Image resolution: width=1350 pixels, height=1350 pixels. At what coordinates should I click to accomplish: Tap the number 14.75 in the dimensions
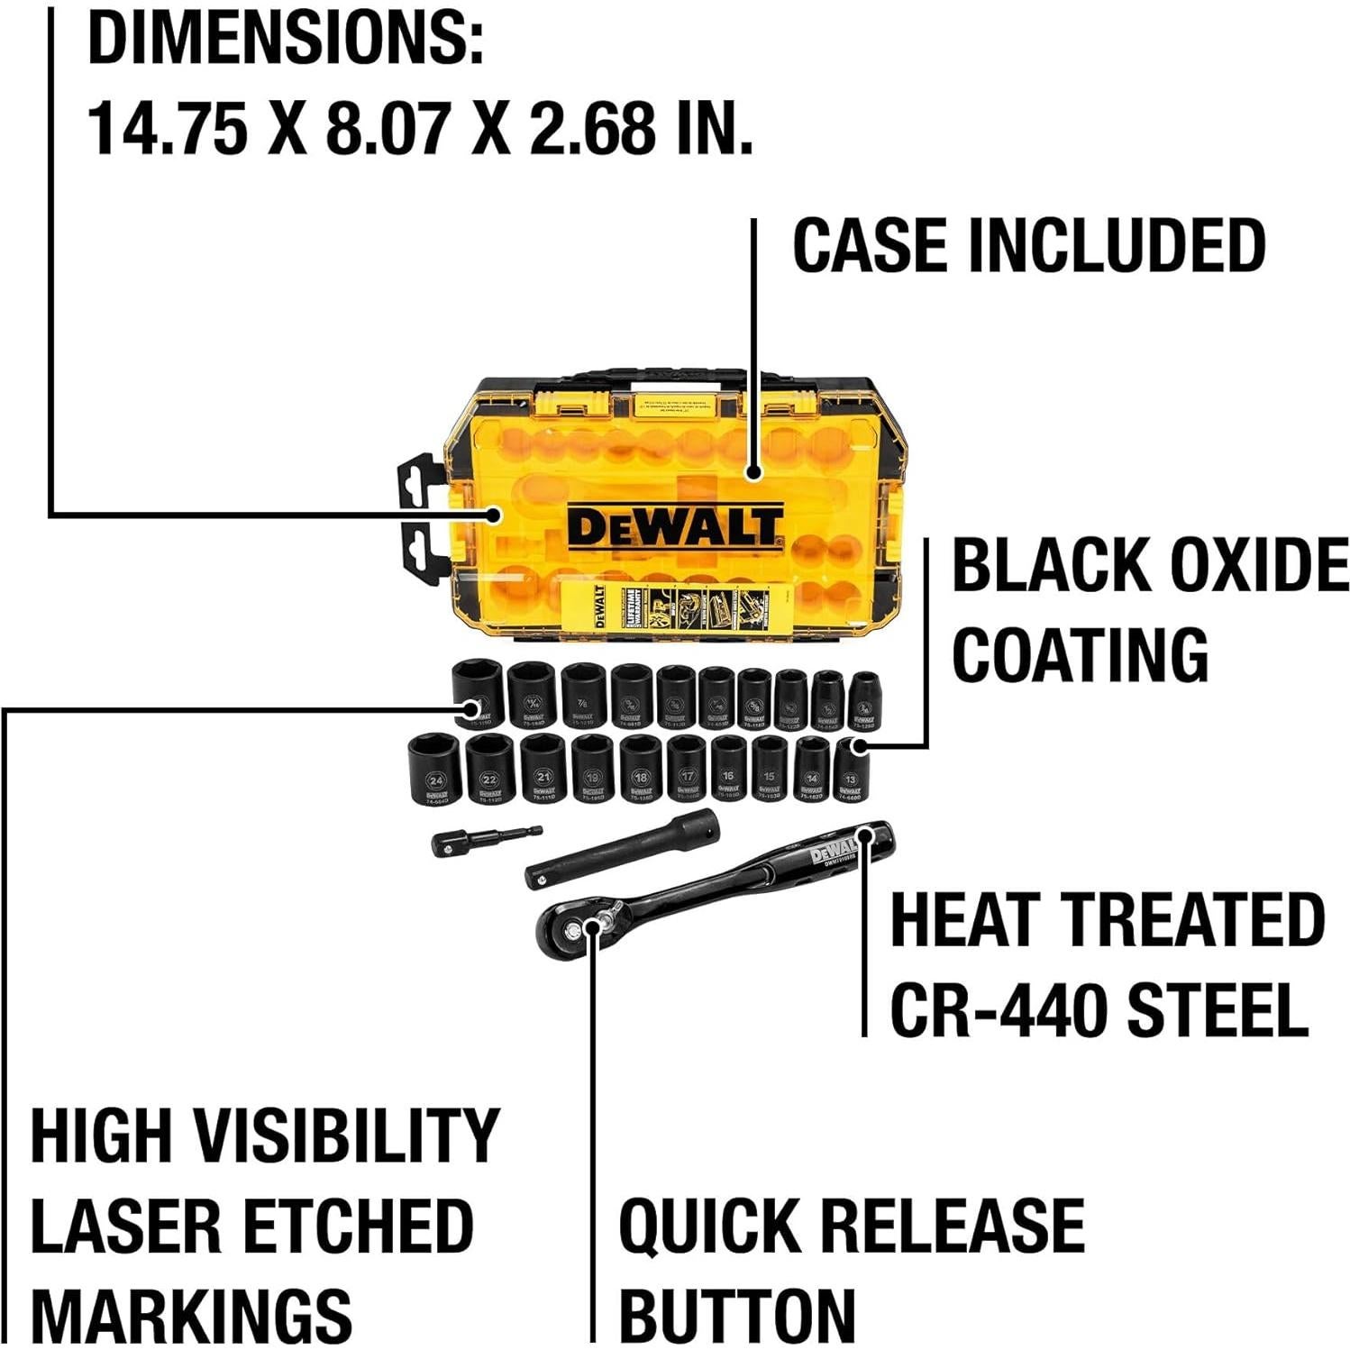(x=168, y=128)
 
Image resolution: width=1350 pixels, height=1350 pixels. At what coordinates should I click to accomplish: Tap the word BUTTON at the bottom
(x=736, y=1317)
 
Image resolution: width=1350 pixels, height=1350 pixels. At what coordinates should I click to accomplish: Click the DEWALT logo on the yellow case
(x=674, y=529)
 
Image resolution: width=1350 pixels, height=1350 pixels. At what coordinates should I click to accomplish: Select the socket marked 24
(x=435, y=770)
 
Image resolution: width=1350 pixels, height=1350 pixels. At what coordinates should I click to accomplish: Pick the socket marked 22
(x=489, y=770)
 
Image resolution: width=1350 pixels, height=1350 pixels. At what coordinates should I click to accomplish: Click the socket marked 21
(x=543, y=768)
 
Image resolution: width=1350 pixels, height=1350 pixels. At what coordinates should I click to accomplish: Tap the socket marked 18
(x=641, y=768)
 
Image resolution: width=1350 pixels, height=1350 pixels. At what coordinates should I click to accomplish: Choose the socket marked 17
(x=688, y=768)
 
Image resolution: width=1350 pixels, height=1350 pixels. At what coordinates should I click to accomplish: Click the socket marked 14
(x=812, y=768)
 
